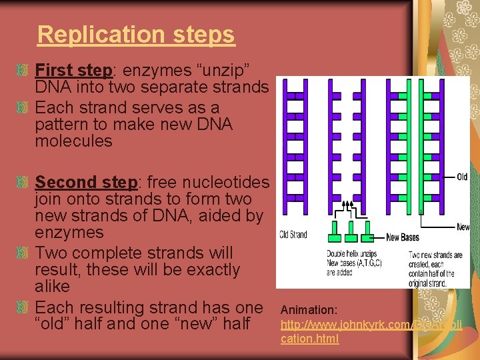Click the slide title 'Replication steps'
click(136, 34)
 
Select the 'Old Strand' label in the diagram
click(293, 235)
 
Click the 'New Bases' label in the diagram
click(402, 237)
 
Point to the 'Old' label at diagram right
click(462, 177)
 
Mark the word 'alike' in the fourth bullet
click(52, 287)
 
